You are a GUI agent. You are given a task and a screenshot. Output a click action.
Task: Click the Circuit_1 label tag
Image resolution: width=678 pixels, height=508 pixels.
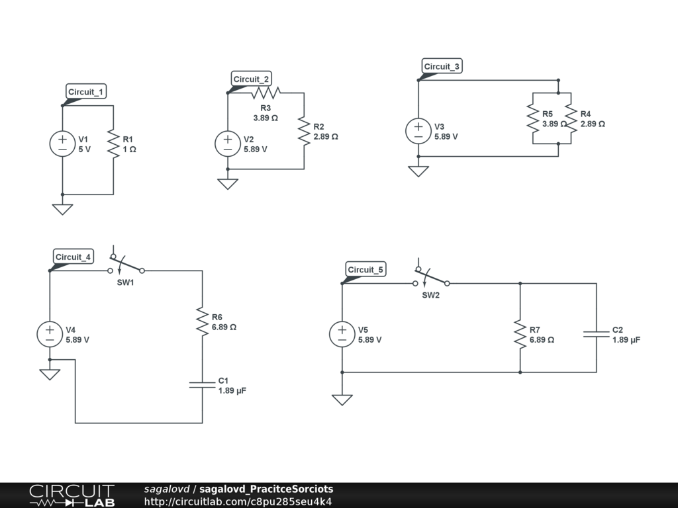86,91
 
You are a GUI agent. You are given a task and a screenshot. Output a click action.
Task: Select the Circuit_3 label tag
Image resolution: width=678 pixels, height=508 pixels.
442,66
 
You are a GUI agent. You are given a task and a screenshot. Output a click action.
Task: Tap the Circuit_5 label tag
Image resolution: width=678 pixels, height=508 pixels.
365,270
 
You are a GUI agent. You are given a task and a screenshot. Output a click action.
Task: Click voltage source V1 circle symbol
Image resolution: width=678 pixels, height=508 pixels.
63,144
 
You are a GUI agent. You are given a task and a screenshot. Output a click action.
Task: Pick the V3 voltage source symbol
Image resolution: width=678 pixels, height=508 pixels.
418,131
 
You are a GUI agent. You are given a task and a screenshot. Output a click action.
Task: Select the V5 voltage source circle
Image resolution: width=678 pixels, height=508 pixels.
342,334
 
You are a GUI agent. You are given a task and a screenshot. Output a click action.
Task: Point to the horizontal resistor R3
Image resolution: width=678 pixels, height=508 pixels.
266,93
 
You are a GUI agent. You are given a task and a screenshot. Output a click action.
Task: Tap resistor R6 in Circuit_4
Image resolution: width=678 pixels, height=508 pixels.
203,321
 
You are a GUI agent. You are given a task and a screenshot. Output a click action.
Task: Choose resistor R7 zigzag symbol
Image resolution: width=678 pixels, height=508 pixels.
520,334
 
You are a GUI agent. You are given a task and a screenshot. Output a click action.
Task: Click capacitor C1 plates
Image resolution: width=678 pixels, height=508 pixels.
203,385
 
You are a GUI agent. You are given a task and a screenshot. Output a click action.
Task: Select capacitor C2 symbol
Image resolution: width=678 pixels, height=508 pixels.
597,334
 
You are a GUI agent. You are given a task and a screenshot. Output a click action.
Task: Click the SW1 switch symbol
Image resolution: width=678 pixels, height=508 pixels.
126,263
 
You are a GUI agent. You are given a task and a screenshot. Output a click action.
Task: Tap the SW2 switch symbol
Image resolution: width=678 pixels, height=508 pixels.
431,276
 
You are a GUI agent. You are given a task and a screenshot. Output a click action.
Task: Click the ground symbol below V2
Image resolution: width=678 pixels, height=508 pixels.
228,184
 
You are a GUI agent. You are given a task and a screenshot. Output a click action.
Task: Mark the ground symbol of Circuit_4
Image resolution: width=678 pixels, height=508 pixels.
50,374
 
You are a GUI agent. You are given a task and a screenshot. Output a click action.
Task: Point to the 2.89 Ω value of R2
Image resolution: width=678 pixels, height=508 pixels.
326,136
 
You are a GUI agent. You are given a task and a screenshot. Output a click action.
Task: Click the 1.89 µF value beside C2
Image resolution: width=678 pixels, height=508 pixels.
626,340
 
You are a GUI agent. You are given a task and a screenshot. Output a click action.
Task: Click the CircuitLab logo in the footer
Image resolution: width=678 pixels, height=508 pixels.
72,495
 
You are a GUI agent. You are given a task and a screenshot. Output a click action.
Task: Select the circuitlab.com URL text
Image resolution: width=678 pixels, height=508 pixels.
238,501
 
